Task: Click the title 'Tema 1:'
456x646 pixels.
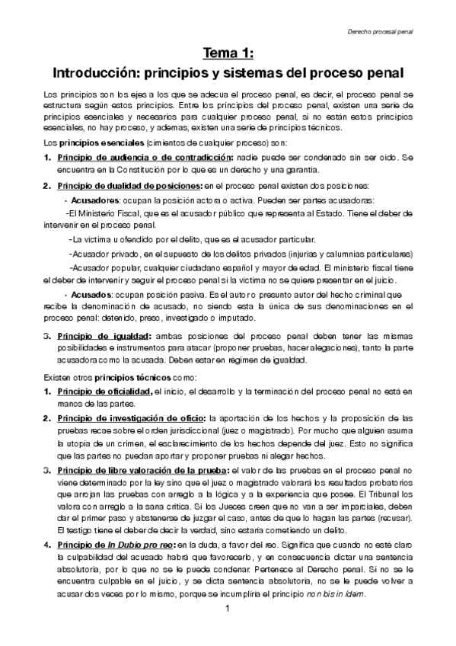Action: (x=228, y=53)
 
